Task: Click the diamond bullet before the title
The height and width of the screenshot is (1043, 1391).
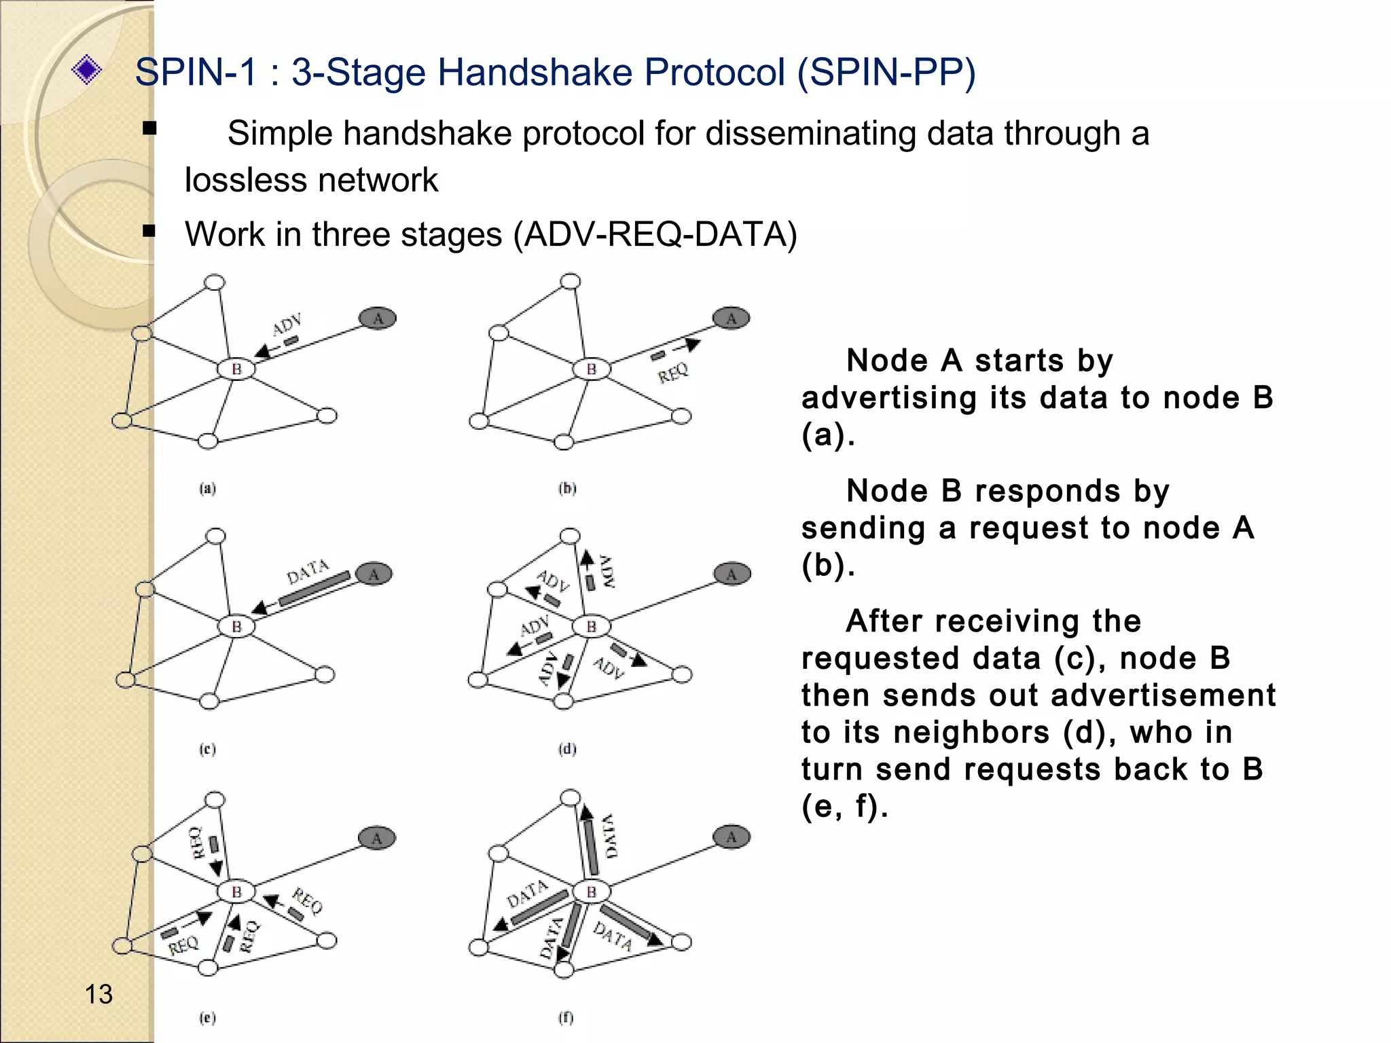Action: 86,70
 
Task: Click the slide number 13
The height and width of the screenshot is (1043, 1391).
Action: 98,994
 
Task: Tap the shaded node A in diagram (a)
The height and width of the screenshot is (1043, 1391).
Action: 378,318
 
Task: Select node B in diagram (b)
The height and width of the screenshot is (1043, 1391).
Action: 591,369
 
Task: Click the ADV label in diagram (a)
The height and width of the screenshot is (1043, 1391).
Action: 287,325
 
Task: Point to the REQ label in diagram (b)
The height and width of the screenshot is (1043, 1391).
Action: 673,373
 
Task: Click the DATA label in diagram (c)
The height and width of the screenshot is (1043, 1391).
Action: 308,572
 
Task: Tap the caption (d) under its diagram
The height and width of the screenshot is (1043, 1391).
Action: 567,749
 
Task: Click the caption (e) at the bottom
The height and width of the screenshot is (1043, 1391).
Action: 207,1017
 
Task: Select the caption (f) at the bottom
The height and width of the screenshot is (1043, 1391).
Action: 566,1017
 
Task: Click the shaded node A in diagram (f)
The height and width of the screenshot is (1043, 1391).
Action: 731,837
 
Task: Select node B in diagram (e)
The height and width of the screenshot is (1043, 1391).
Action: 236,892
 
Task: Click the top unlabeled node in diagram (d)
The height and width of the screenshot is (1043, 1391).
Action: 570,536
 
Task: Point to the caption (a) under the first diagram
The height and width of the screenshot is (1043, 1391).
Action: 207,488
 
